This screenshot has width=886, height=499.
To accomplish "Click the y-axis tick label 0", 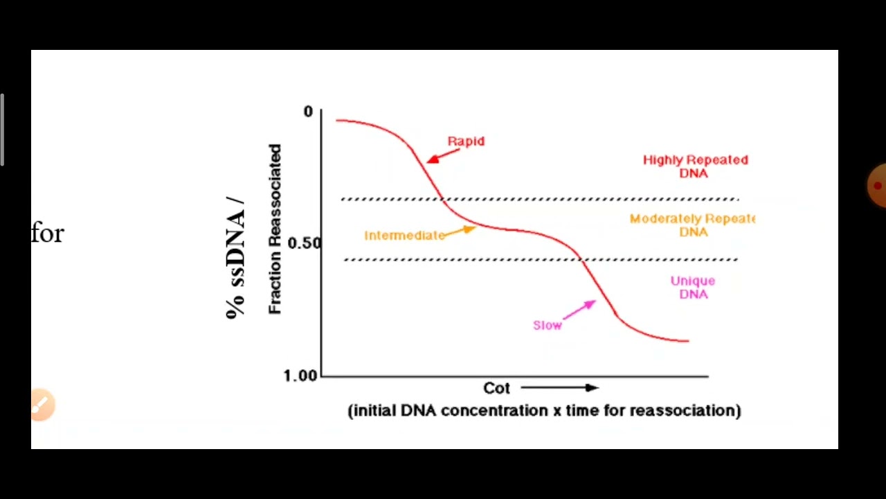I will click(308, 112).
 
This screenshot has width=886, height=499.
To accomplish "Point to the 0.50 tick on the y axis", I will click(304, 243).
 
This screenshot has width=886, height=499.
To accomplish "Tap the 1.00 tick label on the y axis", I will click(300, 375).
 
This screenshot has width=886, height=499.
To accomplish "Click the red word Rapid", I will click(466, 141).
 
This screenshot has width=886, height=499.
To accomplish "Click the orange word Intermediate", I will click(404, 236).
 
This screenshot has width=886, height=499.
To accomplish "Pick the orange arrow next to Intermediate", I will click(460, 231).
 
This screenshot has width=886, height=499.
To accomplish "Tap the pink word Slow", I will click(547, 325).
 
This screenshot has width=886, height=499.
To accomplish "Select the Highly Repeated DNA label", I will click(695, 166).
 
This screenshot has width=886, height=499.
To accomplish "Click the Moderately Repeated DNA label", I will click(692, 225).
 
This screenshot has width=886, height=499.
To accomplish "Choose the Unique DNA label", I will click(693, 288).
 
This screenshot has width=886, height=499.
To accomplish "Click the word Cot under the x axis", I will click(496, 388).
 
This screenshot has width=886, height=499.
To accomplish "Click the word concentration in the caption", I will click(494, 410).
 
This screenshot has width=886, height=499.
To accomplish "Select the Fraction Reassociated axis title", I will click(275, 229).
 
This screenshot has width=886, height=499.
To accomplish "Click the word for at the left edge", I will click(47, 234).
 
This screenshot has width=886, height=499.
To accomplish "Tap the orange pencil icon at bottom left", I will click(42, 405).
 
